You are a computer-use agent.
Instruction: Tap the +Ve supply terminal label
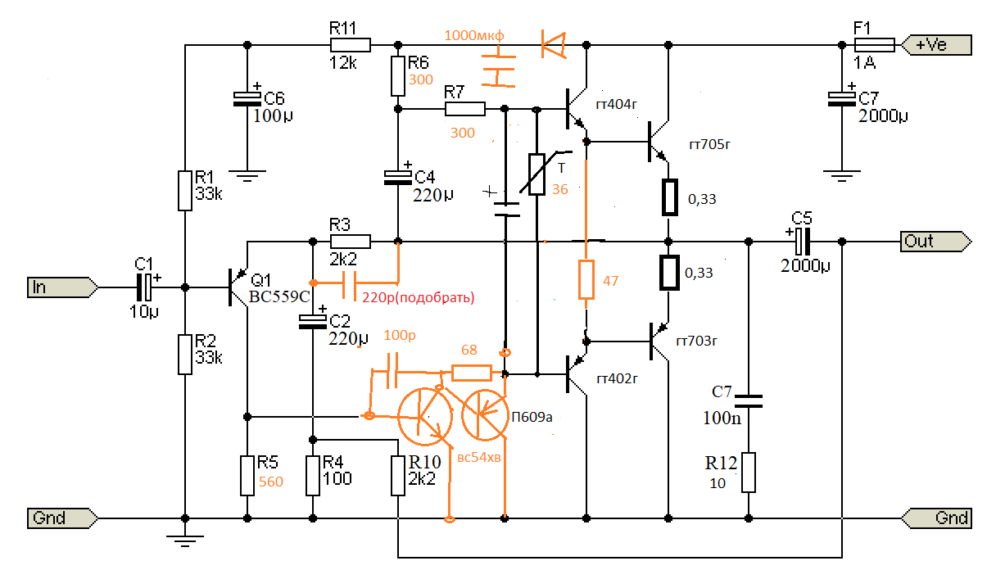934,45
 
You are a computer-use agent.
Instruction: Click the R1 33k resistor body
186,189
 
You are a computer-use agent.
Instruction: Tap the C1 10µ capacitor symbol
144,287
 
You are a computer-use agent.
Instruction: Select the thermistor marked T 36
537,174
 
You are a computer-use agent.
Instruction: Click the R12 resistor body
748,473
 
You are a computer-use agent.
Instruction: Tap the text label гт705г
709,145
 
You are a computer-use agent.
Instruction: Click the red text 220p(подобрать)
418,296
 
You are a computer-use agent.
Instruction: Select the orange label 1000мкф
475,35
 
